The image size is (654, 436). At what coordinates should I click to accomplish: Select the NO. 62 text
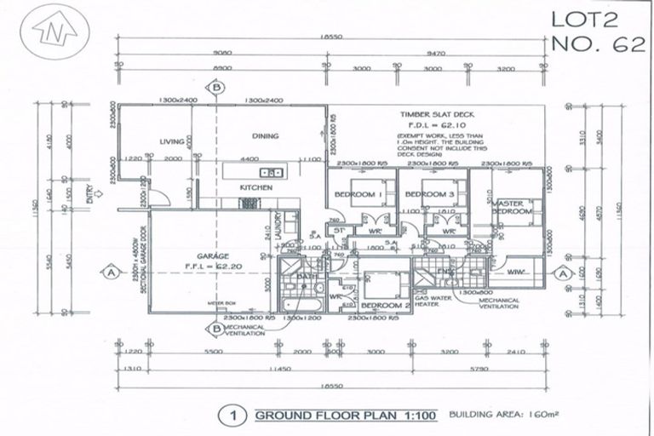click(x=597, y=44)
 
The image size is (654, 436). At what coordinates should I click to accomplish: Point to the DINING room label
click(x=266, y=135)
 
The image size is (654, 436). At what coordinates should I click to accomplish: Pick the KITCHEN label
click(x=255, y=186)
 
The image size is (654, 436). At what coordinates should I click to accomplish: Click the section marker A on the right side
click(x=562, y=273)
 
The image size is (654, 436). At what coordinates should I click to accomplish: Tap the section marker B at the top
click(x=218, y=87)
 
